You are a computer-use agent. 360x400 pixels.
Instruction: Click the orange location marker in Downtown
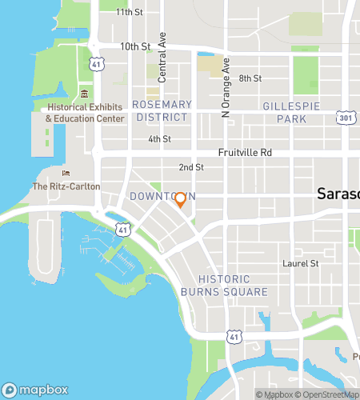pyautogui.click(x=181, y=200)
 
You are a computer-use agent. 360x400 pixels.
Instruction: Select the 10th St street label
pyautogui.click(x=135, y=46)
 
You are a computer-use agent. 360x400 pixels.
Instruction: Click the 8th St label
pyautogui.click(x=250, y=78)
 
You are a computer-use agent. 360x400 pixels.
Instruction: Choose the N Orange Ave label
pyautogui.click(x=226, y=88)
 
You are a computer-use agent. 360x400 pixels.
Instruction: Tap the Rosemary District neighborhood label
pyautogui.click(x=162, y=110)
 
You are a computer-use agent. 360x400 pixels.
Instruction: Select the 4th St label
pyautogui.click(x=160, y=139)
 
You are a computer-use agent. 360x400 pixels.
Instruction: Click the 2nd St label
pyautogui.click(x=191, y=167)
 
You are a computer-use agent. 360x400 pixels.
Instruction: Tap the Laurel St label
pyautogui.click(x=301, y=262)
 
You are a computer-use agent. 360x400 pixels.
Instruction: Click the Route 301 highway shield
pyautogui.click(x=345, y=118)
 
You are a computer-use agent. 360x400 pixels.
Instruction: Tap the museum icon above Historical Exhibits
pyautogui.click(x=84, y=95)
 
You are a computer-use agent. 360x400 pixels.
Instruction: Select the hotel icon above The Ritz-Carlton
pyautogui.click(x=66, y=174)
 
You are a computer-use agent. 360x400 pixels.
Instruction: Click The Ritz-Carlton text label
pyautogui.click(x=66, y=186)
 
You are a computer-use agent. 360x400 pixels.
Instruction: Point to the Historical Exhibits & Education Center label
pyautogui.click(x=85, y=113)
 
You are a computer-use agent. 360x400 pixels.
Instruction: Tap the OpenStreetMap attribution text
pyautogui.click(x=329, y=394)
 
